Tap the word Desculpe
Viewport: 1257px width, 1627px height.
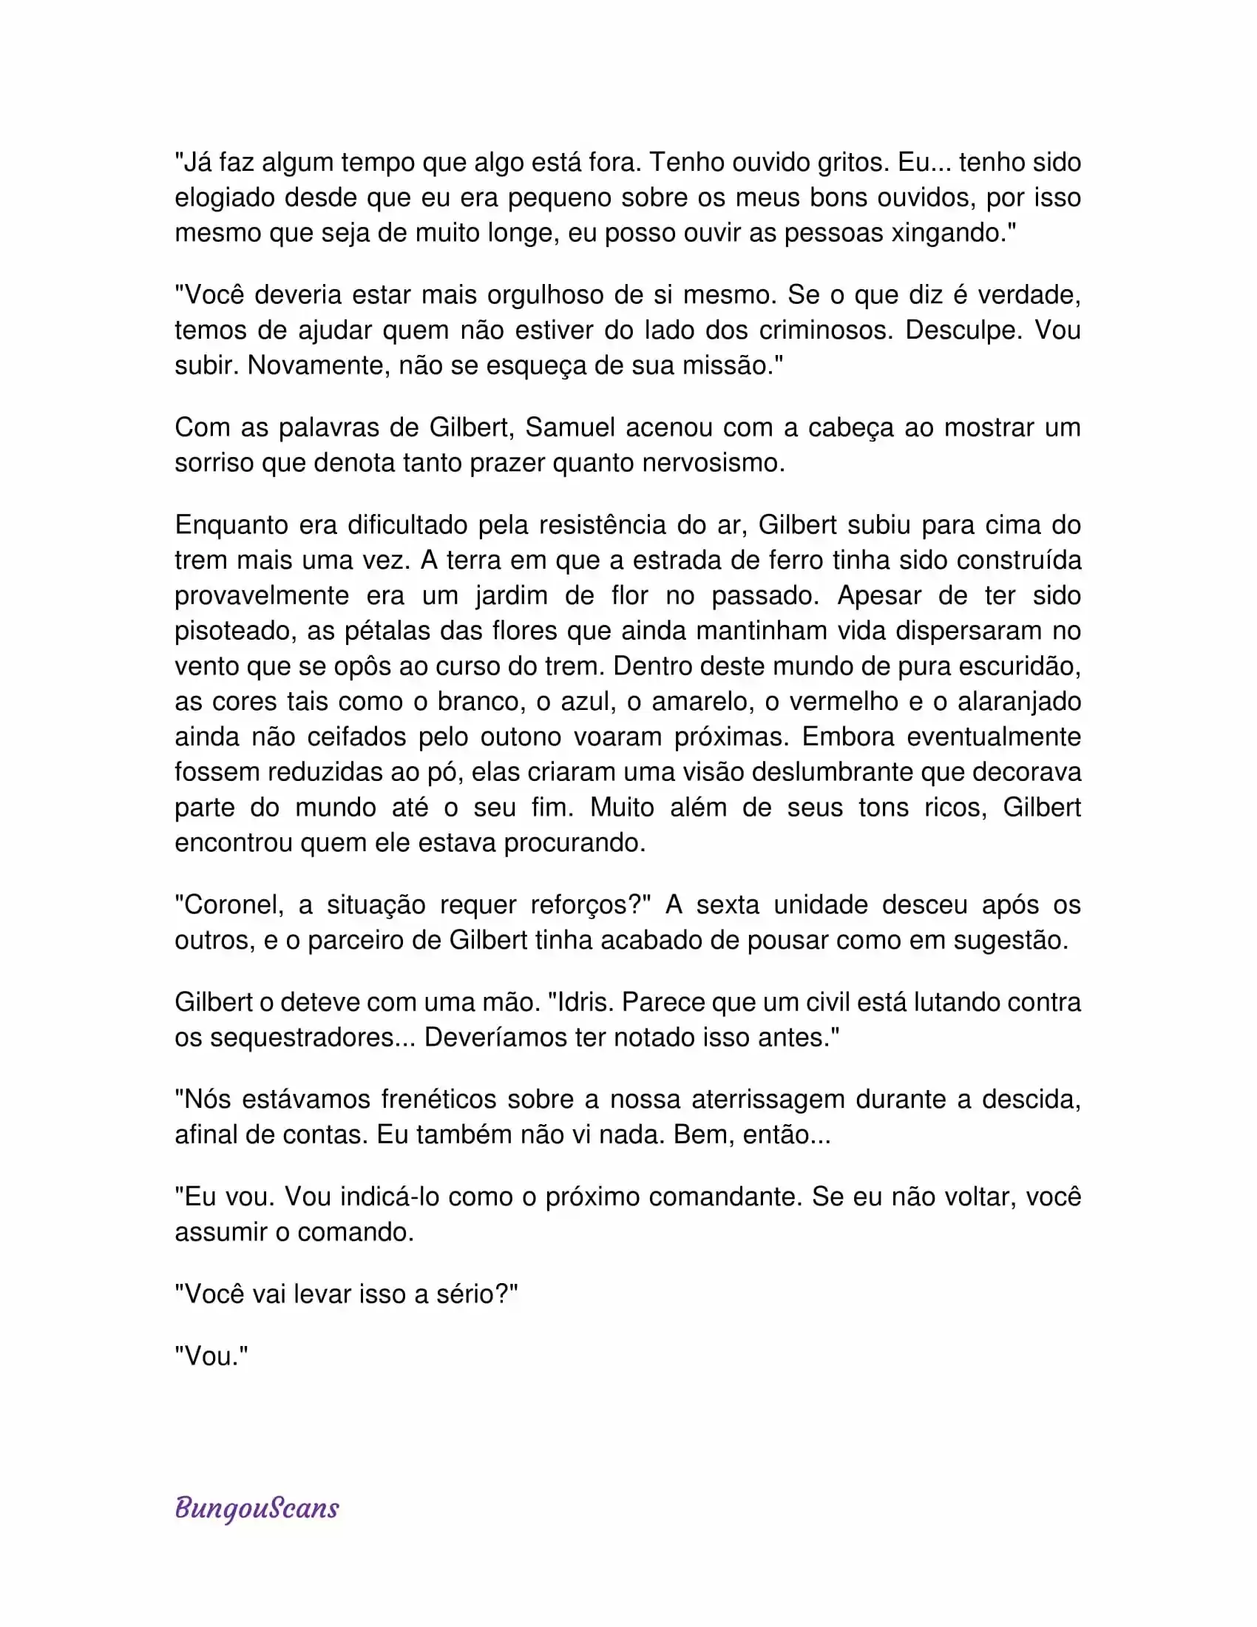962,330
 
